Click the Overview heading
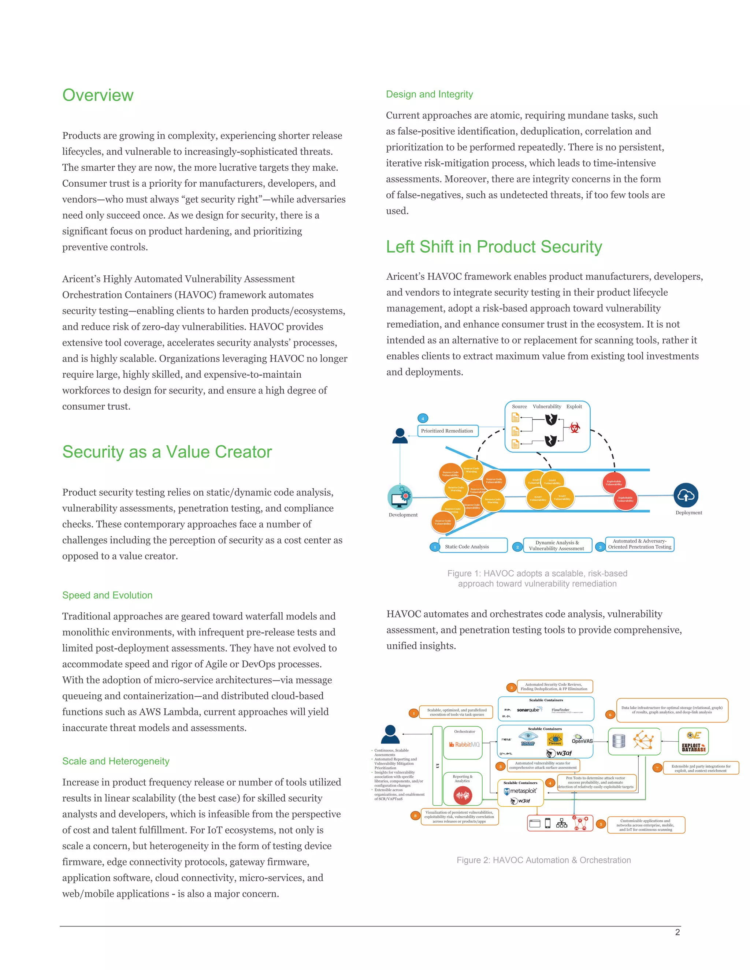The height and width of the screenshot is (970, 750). point(98,95)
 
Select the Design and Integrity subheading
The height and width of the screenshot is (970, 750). point(429,94)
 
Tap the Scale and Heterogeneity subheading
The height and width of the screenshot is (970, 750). point(115,761)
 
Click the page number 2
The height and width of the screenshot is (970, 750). point(677,932)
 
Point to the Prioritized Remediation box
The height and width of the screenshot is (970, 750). point(447,431)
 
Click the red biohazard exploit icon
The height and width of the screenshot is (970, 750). point(575,428)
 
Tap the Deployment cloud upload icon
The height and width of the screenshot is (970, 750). point(686,495)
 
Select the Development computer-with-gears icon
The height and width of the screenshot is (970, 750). point(400,497)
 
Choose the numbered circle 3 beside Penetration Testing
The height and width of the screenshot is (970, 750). point(600,547)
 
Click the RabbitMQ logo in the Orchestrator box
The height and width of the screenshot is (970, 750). point(464,745)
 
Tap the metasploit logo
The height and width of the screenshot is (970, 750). point(520,791)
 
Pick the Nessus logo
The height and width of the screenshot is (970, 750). point(554,740)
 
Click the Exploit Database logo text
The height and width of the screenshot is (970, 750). point(694,748)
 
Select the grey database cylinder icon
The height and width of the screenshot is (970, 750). point(619,741)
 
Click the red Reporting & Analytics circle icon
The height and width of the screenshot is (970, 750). point(463,795)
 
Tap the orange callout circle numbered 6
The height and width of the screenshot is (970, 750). point(610,715)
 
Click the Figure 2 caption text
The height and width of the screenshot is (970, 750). point(543,860)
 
